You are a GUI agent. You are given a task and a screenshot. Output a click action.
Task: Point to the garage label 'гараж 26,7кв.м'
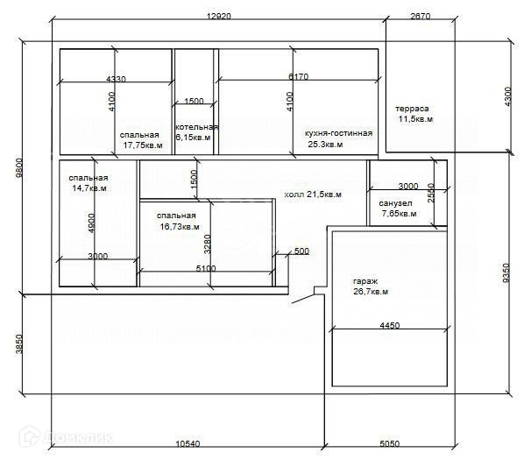click(369, 286)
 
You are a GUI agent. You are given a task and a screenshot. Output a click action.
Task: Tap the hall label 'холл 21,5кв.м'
click(313, 194)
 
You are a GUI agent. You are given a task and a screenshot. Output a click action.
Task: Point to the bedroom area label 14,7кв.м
click(89, 188)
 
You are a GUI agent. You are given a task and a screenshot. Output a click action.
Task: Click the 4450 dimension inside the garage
click(390, 325)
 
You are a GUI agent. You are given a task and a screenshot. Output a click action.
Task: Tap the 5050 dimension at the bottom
click(390, 442)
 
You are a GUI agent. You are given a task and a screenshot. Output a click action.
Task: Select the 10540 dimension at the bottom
click(188, 442)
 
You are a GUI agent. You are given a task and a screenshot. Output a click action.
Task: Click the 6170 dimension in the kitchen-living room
click(298, 77)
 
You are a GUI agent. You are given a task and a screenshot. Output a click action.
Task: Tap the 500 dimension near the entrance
click(301, 251)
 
